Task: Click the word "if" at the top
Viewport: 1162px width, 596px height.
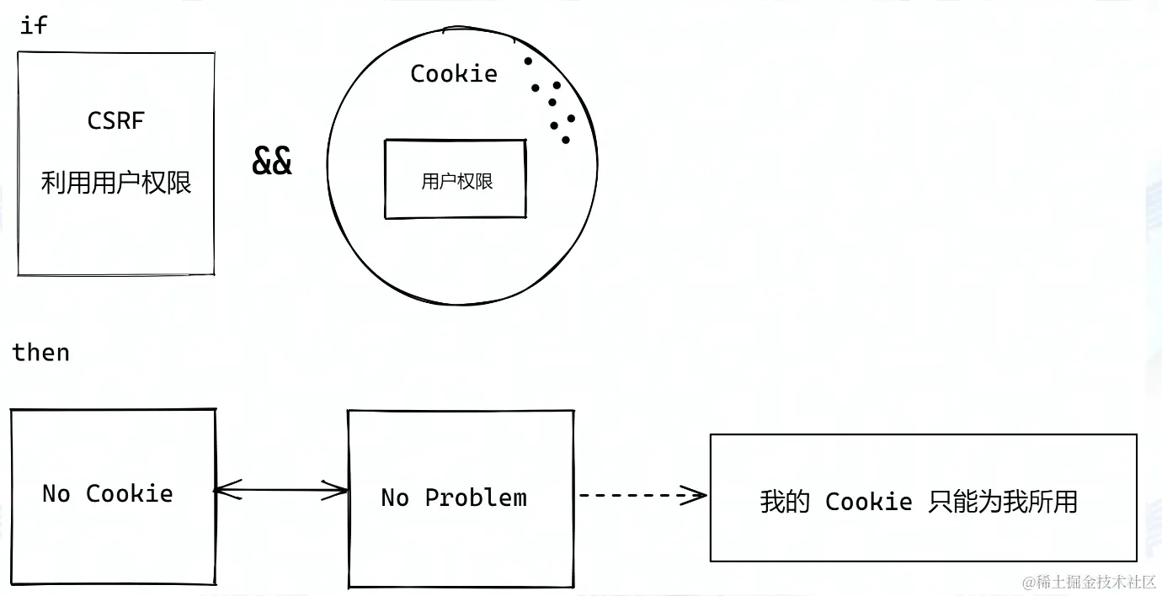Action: (x=34, y=25)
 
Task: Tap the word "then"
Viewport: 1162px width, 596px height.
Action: (x=41, y=352)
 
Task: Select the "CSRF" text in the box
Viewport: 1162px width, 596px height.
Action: (x=116, y=121)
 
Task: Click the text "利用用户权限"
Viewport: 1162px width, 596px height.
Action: (x=116, y=182)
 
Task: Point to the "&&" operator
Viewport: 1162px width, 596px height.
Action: (x=272, y=161)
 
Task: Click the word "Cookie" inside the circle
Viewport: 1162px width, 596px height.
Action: (x=454, y=74)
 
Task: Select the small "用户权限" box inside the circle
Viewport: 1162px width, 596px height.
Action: (x=456, y=179)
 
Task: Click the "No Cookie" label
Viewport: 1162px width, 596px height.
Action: (x=108, y=493)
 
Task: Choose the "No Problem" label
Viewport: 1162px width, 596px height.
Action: (x=454, y=498)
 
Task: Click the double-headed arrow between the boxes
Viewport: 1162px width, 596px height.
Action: (x=281, y=489)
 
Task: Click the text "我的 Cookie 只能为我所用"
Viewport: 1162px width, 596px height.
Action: (x=919, y=502)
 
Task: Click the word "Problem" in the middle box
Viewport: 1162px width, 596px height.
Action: (x=476, y=498)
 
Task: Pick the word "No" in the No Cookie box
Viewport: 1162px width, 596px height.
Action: (x=56, y=493)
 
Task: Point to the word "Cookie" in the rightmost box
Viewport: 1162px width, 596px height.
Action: (x=868, y=502)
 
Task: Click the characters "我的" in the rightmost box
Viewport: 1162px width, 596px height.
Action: (x=785, y=502)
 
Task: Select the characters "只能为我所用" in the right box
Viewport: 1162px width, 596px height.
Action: (x=1003, y=502)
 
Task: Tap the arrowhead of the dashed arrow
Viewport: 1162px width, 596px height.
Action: (x=696, y=495)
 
